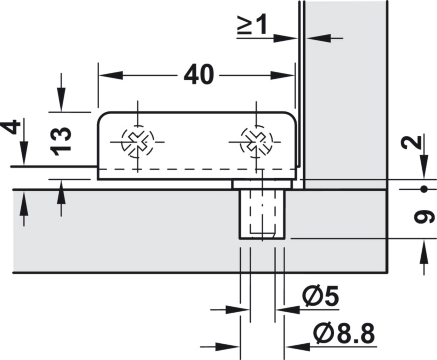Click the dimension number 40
tap(199, 75)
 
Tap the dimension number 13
tap(61, 141)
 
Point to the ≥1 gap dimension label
tap(252, 25)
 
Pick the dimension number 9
tap(424, 217)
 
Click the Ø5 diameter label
tap(321, 296)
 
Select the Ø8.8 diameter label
tap(344, 334)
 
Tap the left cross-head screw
tap(138, 141)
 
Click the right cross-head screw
tap(256, 141)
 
